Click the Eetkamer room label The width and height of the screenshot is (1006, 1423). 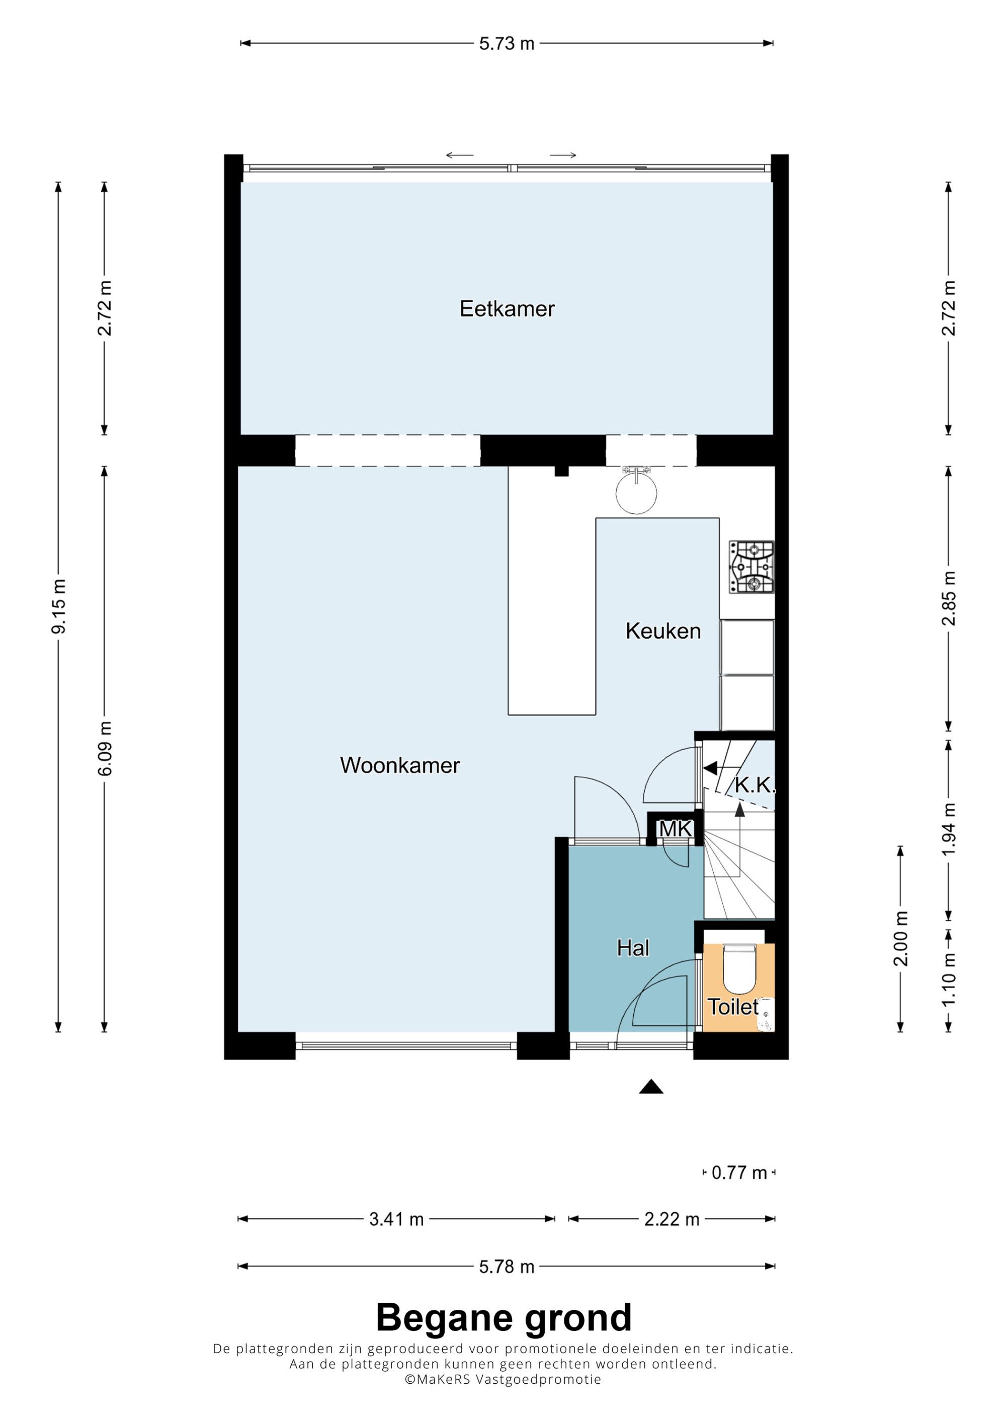(x=507, y=309)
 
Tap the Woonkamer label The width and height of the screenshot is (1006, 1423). (x=400, y=765)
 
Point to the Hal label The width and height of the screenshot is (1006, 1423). (x=633, y=948)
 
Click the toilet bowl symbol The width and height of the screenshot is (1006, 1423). (x=739, y=968)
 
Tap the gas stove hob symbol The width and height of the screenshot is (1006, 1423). (x=751, y=567)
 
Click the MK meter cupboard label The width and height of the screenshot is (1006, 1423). (x=675, y=829)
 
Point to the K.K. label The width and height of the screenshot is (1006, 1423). (x=754, y=785)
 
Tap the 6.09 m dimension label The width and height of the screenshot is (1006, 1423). (x=105, y=748)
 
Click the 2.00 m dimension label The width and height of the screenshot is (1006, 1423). (x=901, y=938)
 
